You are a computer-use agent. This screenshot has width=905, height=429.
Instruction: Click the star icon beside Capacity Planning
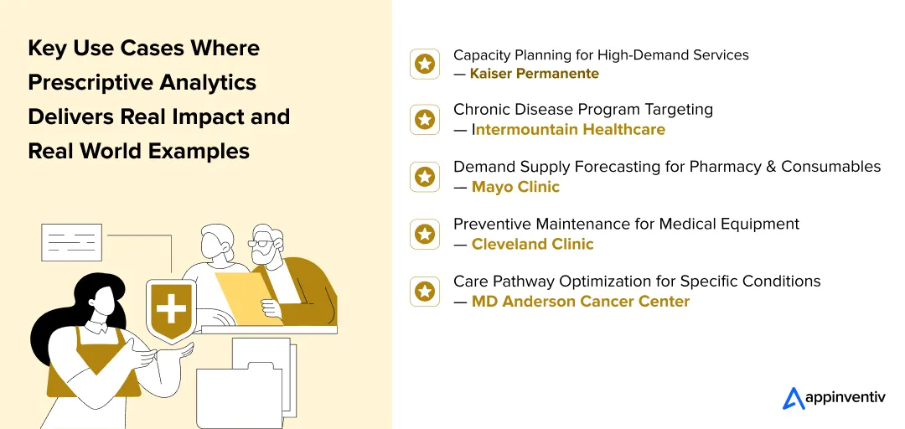click(x=425, y=64)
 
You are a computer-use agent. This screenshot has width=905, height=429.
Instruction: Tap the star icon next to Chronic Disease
click(x=425, y=119)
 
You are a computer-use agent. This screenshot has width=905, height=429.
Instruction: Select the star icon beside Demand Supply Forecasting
click(x=425, y=177)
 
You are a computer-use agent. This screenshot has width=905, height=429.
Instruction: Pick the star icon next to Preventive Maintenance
click(x=425, y=234)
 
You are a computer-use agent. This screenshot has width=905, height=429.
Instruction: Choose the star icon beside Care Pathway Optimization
click(x=425, y=291)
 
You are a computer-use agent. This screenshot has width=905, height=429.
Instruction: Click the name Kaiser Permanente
click(x=534, y=74)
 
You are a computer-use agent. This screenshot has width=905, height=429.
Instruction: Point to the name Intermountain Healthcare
click(x=569, y=130)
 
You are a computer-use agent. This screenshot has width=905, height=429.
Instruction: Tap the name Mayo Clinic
click(x=515, y=187)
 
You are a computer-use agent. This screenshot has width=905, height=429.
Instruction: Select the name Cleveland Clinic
click(x=532, y=244)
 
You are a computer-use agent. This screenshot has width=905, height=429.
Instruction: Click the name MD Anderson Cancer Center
click(x=580, y=301)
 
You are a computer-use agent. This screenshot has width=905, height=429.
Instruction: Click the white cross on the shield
click(x=171, y=308)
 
